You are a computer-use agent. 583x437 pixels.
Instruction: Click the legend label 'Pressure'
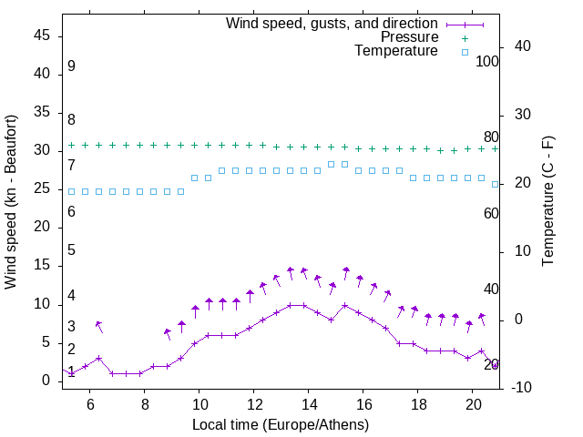tap(410, 37)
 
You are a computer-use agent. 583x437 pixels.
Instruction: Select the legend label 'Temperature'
tap(396, 52)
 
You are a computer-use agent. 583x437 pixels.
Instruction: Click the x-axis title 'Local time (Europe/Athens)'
tap(281, 425)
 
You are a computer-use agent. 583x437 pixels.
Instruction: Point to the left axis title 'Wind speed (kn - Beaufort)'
tap(11, 202)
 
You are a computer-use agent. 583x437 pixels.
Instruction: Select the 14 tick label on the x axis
tap(309, 404)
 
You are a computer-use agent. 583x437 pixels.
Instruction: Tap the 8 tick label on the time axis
tap(145, 404)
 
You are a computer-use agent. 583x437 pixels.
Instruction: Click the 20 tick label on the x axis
tap(473, 404)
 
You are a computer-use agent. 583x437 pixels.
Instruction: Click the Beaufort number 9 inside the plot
tap(71, 66)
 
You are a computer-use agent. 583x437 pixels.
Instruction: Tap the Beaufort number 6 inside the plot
tap(71, 212)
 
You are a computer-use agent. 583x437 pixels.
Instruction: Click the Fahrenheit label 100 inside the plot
tap(488, 61)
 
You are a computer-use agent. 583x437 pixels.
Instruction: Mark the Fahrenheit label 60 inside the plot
tap(492, 213)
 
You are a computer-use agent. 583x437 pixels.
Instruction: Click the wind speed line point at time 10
tap(195, 343)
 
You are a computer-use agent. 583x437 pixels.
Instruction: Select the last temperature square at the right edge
tap(496, 184)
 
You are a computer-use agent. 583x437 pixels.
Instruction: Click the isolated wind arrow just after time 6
tap(98, 327)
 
